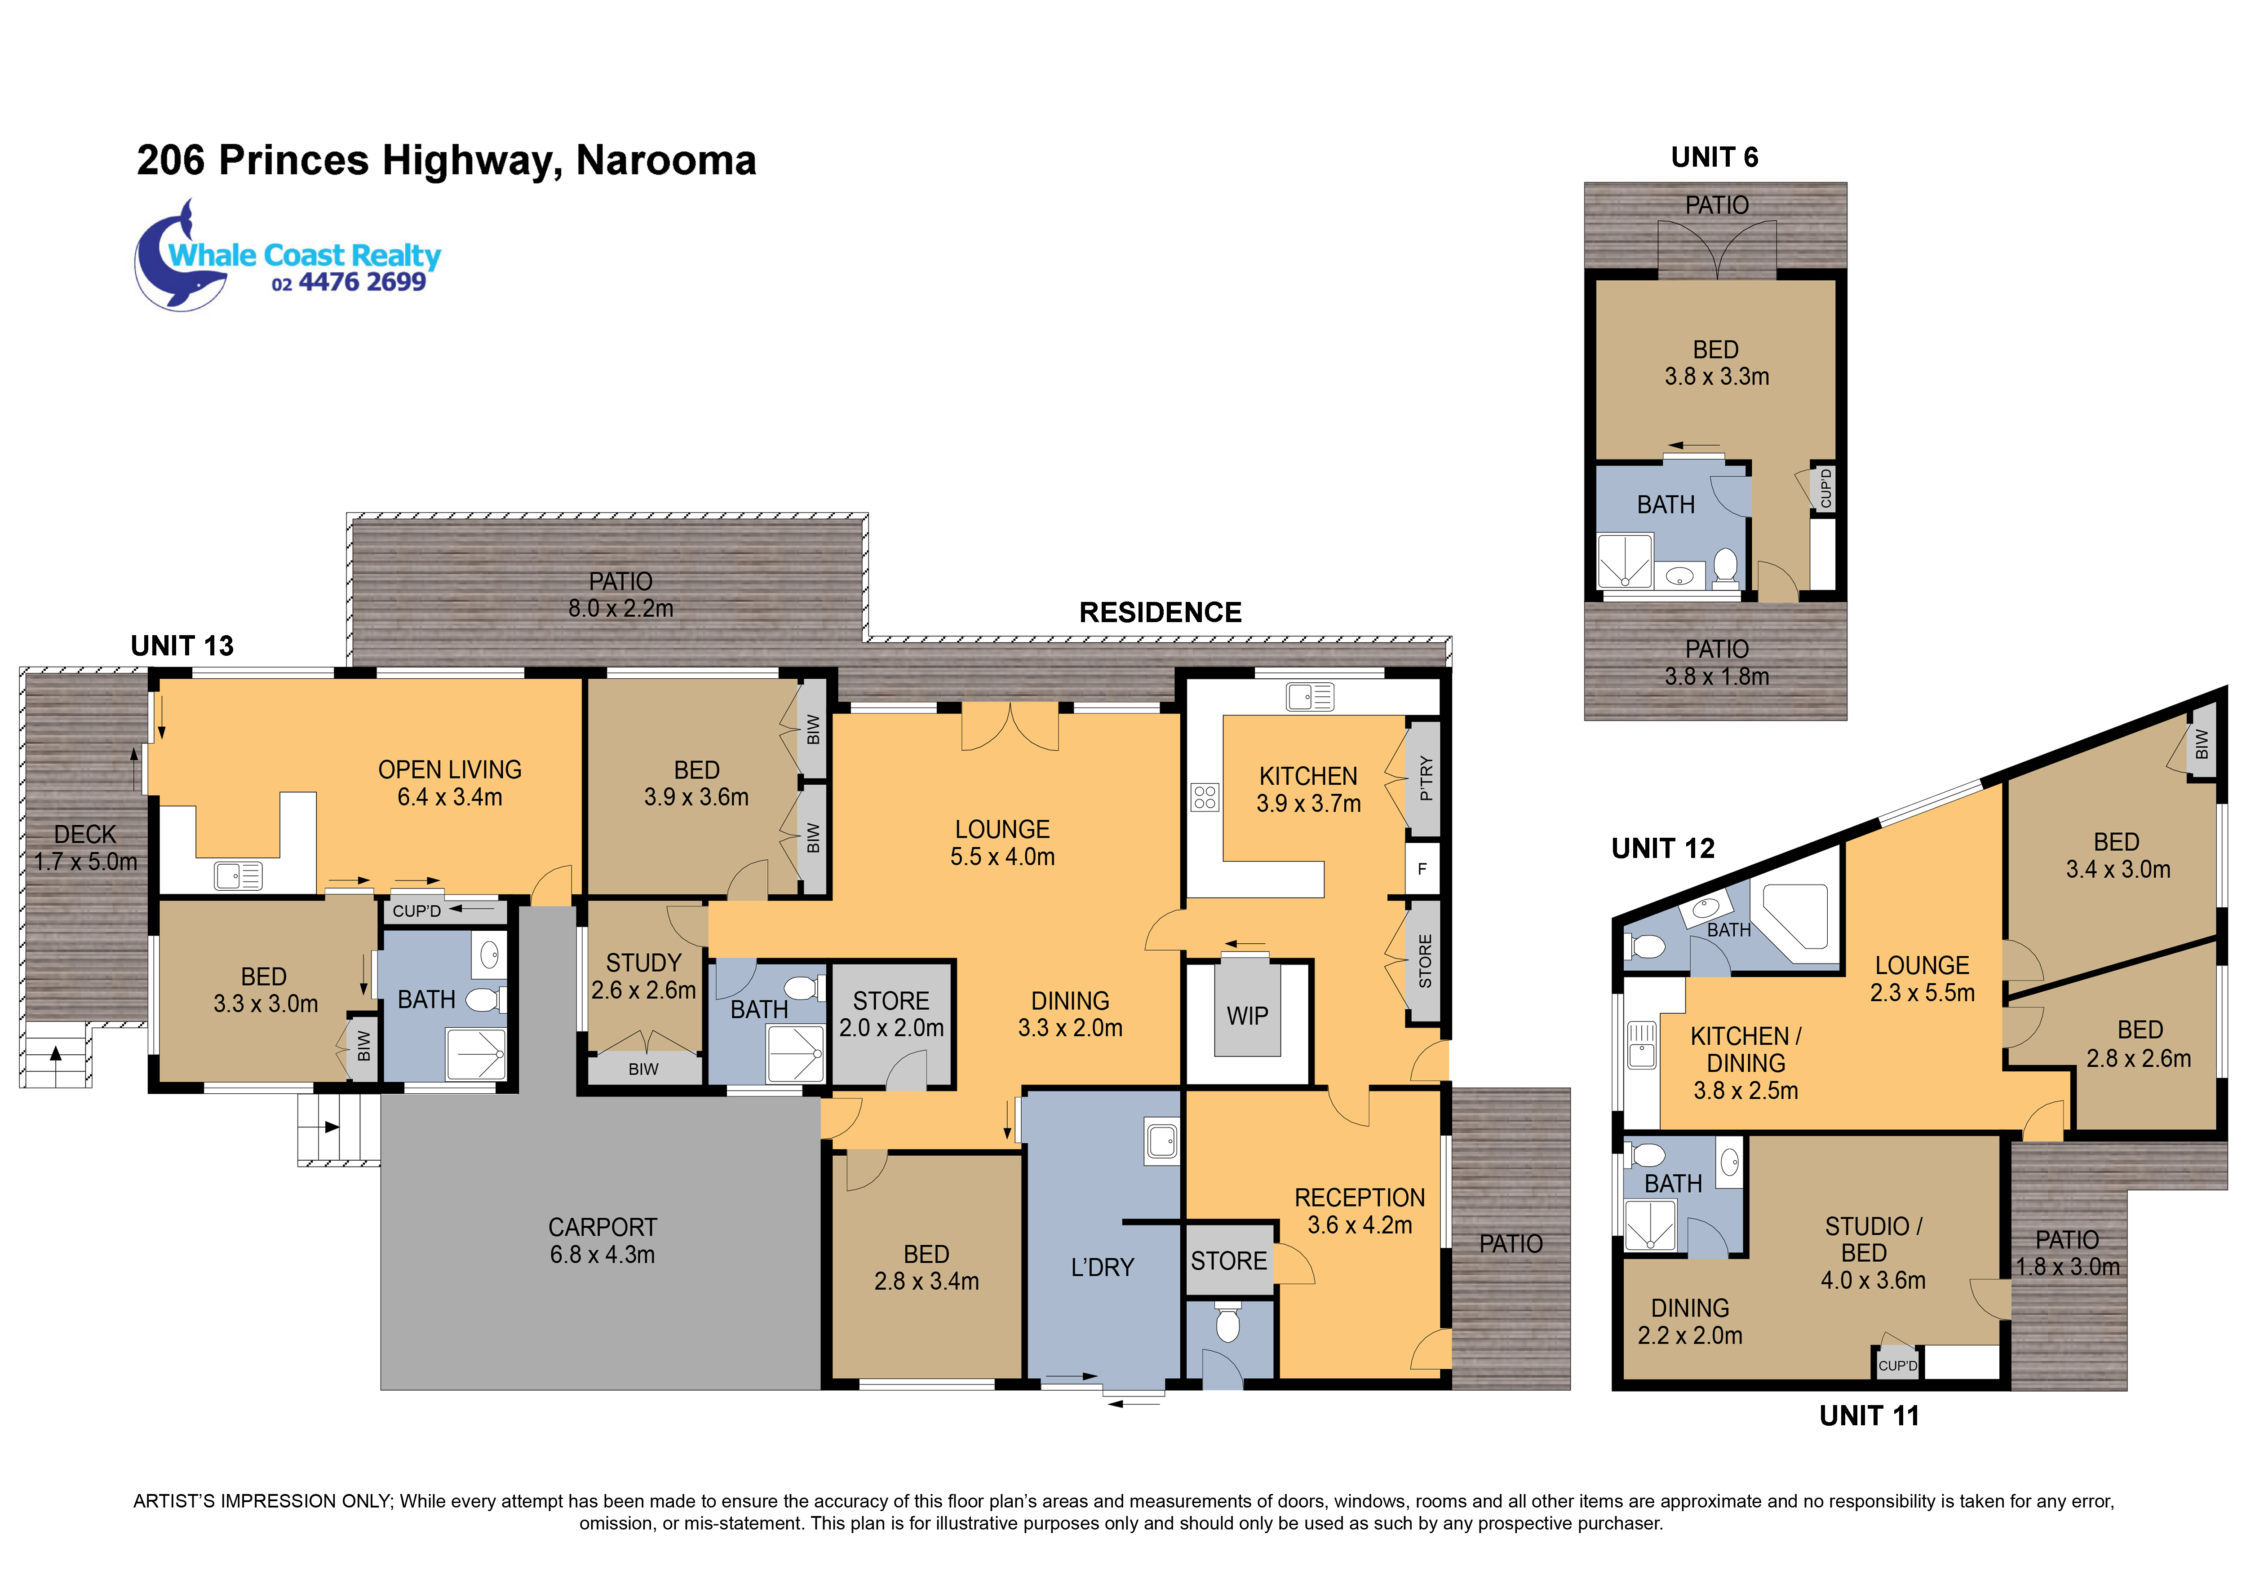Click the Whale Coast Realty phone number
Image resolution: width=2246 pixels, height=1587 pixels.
pyautogui.click(x=349, y=283)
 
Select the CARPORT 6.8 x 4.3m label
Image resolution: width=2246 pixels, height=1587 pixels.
pyautogui.click(x=602, y=1241)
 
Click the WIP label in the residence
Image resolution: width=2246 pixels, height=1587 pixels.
pyautogui.click(x=1247, y=1016)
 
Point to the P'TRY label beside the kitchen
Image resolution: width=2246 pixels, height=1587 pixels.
pyautogui.click(x=1425, y=778)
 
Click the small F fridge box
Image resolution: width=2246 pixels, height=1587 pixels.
pyautogui.click(x=1422, y=868)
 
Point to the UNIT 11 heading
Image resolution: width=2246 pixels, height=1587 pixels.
pyautogui.click(x=1869, y=1415)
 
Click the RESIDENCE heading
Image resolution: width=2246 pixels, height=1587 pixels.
pyautogui.click(x=1160, y=612)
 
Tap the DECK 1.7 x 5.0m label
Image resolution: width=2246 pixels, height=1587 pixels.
pyautogui.click(x=85, y=848)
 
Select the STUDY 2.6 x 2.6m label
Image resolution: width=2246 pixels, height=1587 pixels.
pyautogui.click(x=644, y=976)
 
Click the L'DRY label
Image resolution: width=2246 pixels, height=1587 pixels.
pyautogui.click(x=1103, y=1267)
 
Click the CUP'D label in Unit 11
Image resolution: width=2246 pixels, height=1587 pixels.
pyautogui.click(x=1898, y=1365)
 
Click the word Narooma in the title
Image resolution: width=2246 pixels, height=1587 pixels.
pyautogui.click(x=666, y=160)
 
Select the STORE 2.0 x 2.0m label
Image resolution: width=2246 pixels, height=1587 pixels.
pyautogui.click(x=891, y=1014)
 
